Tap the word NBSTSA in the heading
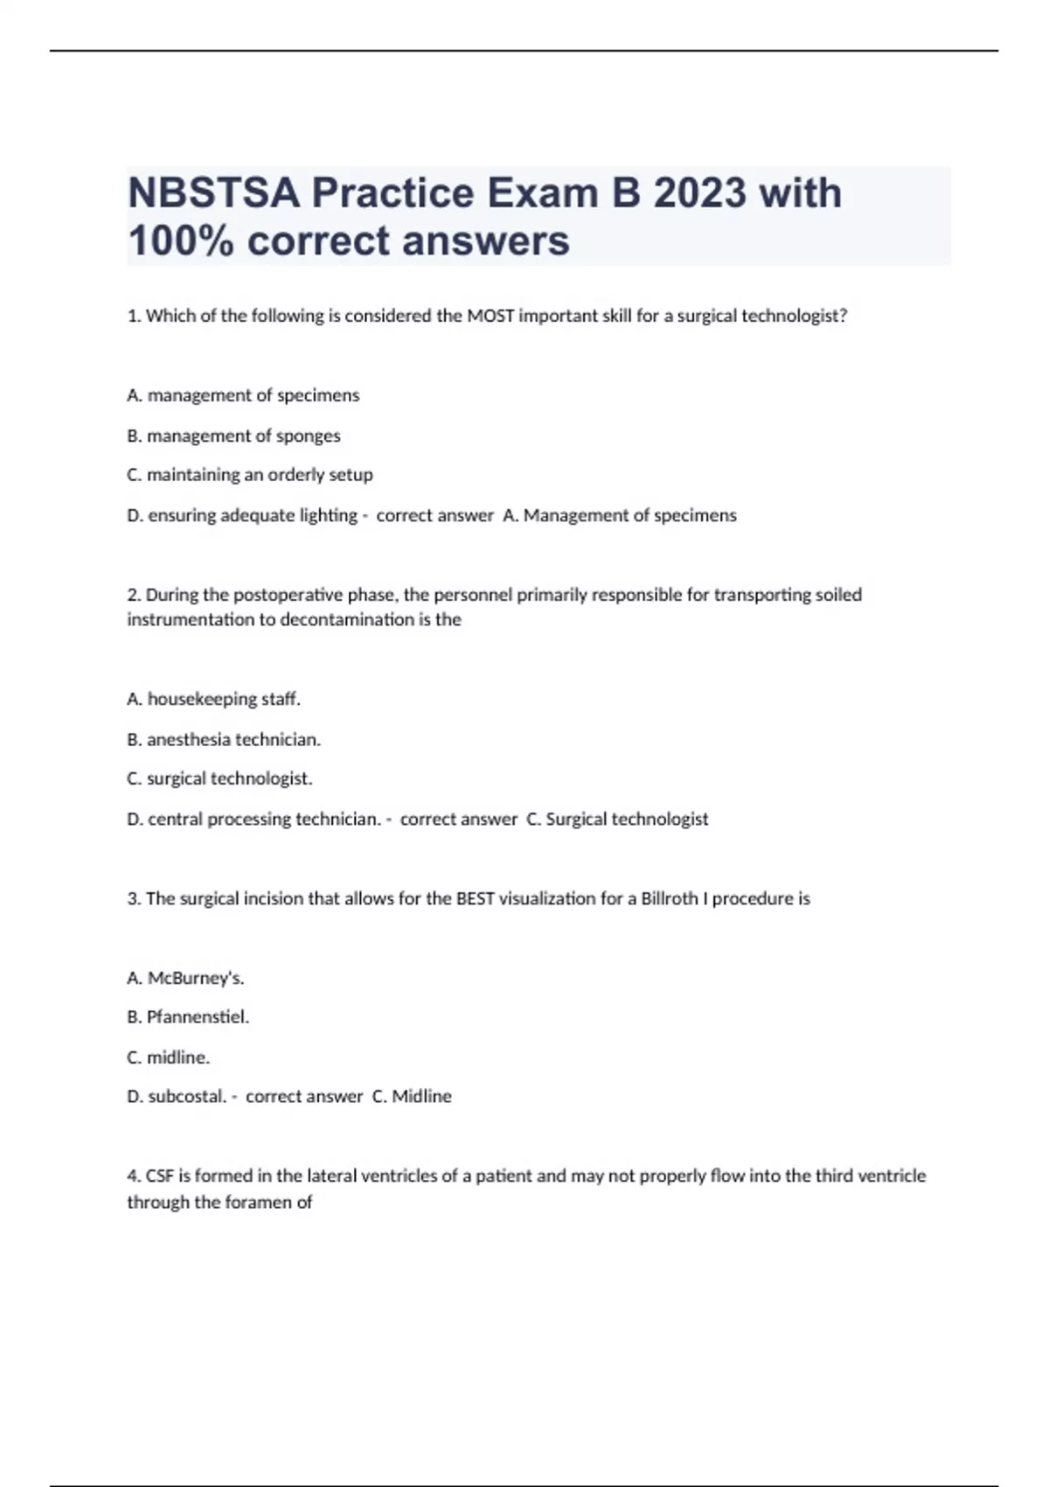[x=213, y=193]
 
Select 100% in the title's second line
[x=180, y=241]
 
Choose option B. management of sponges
[x=233, y=436]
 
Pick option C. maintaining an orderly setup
[x=250, y=475]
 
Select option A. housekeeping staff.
[x=213, y=699]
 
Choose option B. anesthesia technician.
[x=224, y=740]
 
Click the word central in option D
[x=175, y=820]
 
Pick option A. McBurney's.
[x=185, y=978]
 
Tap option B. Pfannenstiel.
[x=188, y=1017]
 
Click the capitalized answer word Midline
[x=421, y=1097]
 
